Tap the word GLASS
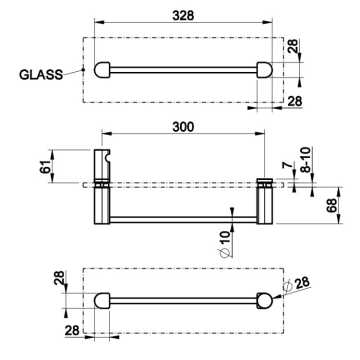pyautogui.click(x=41, y=75)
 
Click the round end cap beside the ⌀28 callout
pyautogui.click(x=264, y=301)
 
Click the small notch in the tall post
pyautogui.click(x=107, y=158)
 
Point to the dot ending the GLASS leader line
pyautogui.click(x=83, y=69)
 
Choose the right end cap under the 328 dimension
pyautogui.click(x=264, y=70)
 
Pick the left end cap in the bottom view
pyautogui.click(x=102, y=301)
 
